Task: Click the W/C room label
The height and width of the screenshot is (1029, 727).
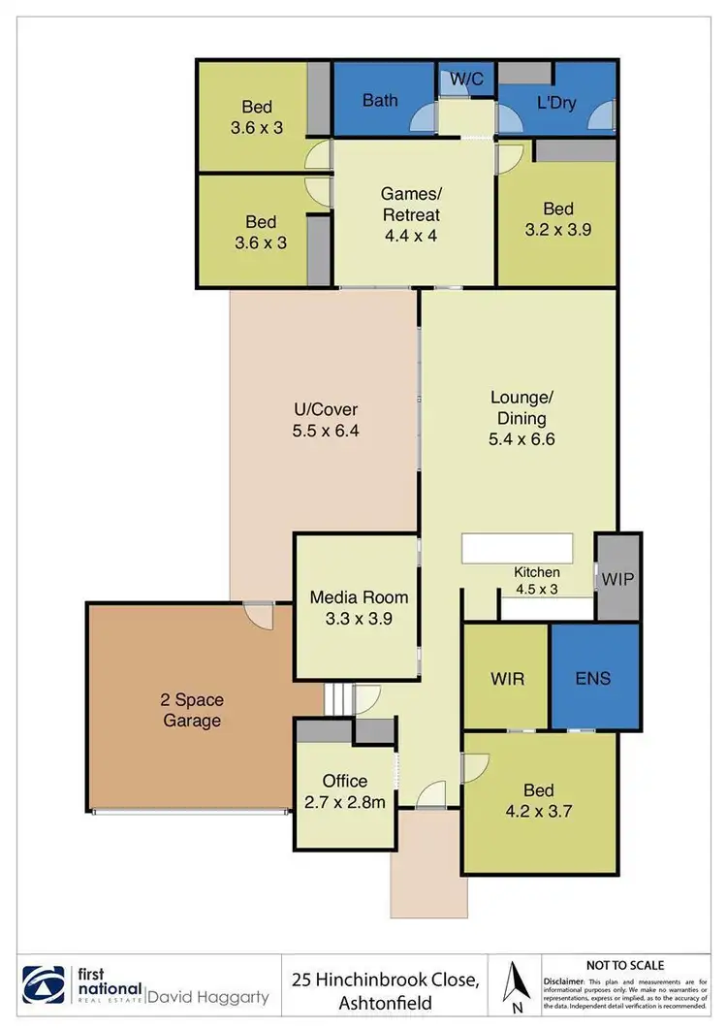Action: tap(465, 77)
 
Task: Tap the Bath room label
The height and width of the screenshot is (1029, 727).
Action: tap(380, 100)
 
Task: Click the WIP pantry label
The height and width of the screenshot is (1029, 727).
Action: tap(617, 578)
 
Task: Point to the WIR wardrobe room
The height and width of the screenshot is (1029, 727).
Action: tap(506, 677)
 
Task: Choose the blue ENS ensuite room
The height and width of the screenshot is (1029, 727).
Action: tap(593, 677)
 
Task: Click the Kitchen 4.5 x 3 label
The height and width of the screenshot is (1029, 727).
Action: tap(537, 580)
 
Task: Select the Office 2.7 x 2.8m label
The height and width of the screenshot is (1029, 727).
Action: tap(345, 790)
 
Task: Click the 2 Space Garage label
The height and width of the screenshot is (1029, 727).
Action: tap(190, 709)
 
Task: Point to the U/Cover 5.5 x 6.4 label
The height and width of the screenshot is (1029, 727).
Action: tap(326, 421)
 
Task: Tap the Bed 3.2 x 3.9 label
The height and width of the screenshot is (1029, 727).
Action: tap(557, 219)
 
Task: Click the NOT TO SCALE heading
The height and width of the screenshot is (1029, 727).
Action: tap(625, 965)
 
